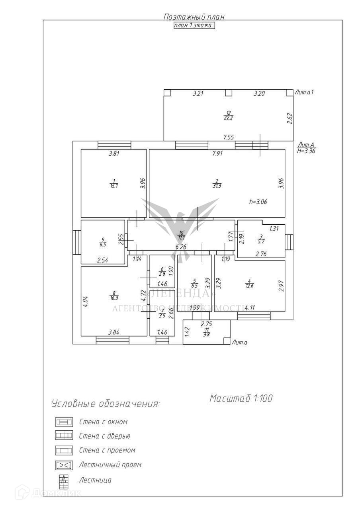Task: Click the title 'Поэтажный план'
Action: [194, 17]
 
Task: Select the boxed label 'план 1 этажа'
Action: [194, 25]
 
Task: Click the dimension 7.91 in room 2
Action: [217, 153]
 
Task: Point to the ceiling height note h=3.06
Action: [258, 202]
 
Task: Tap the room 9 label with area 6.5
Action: [103, 242]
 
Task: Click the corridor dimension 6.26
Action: [181, 247]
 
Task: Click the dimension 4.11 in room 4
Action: [250, 308]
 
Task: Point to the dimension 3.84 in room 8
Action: [115, 331]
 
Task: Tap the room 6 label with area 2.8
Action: [162, 271]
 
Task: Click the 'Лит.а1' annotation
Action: [304, 92]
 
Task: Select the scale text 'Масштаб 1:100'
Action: [241, 398]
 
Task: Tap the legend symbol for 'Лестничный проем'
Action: [64, 465]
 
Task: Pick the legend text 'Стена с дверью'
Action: [105, 436]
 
